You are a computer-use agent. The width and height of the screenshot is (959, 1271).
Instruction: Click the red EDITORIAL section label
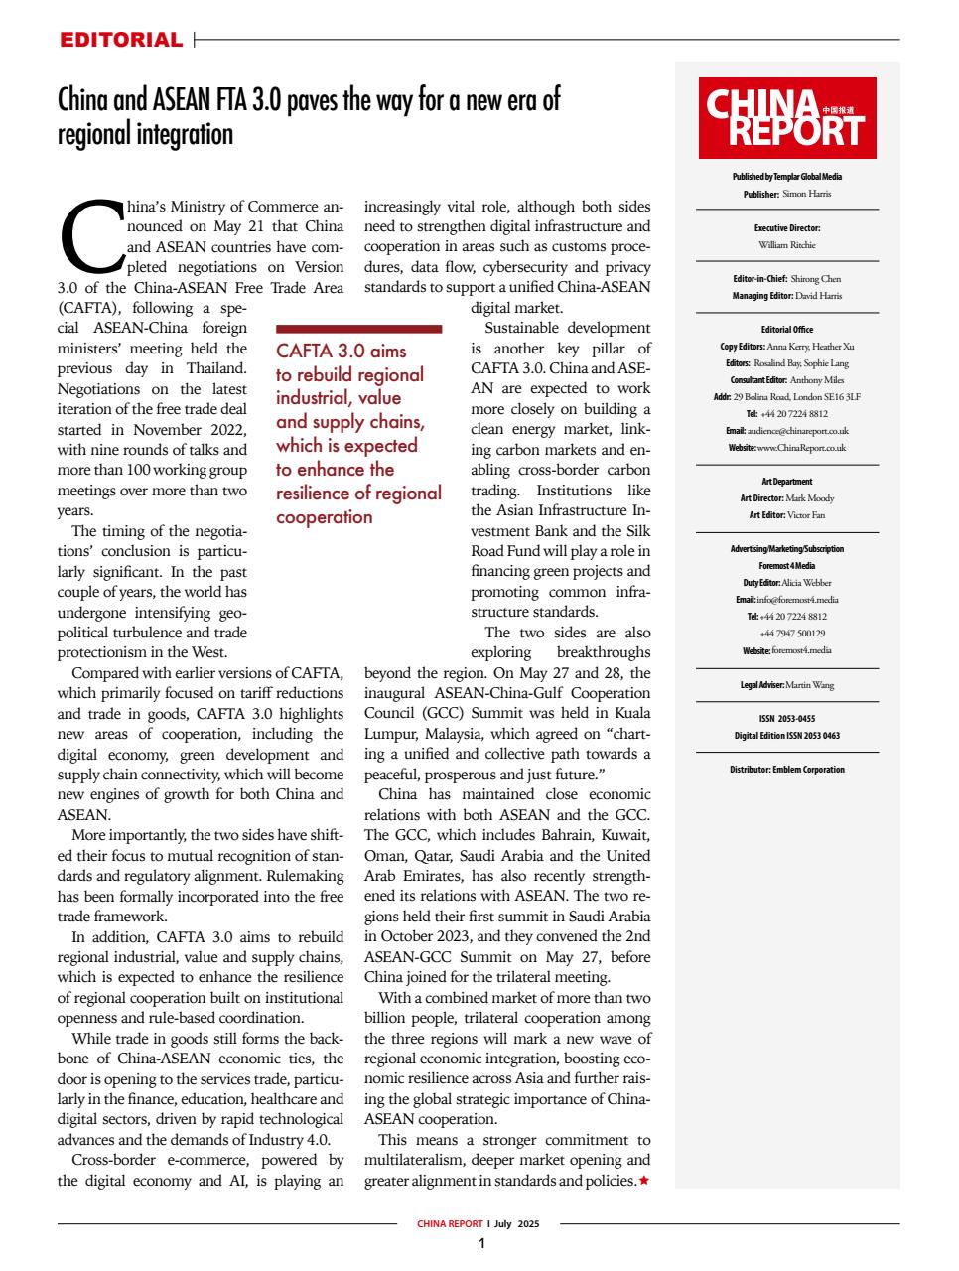pos(121,40)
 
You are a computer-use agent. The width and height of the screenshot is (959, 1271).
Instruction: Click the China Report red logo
pos(786,118)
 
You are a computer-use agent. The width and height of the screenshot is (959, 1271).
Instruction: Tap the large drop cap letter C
pos(91,235)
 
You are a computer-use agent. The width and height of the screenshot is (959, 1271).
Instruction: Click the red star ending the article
pos(644,1180)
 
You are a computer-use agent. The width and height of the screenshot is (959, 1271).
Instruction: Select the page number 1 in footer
pos(481,1244)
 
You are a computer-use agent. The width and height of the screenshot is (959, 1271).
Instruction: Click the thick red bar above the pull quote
pos(357,327)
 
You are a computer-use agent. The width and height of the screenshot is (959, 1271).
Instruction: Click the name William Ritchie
pos(786,244)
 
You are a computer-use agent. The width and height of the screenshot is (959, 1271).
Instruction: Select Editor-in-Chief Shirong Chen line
pos(786,279)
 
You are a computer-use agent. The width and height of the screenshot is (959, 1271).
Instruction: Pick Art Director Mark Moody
pos(786,497)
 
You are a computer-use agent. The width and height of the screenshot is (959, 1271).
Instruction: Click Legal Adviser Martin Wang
pos(786,684)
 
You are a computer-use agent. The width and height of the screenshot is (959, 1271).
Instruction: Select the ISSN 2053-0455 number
pos(786,719)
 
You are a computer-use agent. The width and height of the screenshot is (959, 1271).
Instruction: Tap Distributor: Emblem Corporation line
pos(786,769)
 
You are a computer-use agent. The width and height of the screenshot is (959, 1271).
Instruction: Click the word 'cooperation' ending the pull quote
pos(324,517)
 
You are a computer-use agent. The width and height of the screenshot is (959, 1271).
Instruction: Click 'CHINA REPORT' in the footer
pos(449,1224)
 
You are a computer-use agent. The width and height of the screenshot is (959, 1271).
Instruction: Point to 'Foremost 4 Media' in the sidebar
pos(786,565)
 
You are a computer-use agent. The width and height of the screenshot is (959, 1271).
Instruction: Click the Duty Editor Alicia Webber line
pos(786,582)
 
